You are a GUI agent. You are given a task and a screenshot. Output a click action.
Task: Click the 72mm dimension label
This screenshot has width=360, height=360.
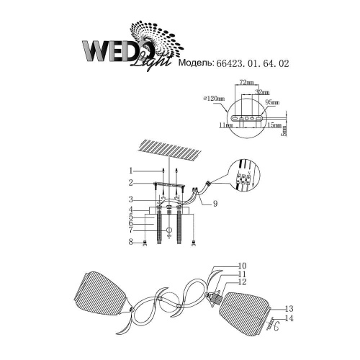[x=247, y=84]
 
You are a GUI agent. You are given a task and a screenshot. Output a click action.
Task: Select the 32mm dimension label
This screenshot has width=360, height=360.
[x=262, y=93]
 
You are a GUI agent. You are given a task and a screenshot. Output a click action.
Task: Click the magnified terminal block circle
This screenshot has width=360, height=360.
[x=243, y=176]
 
